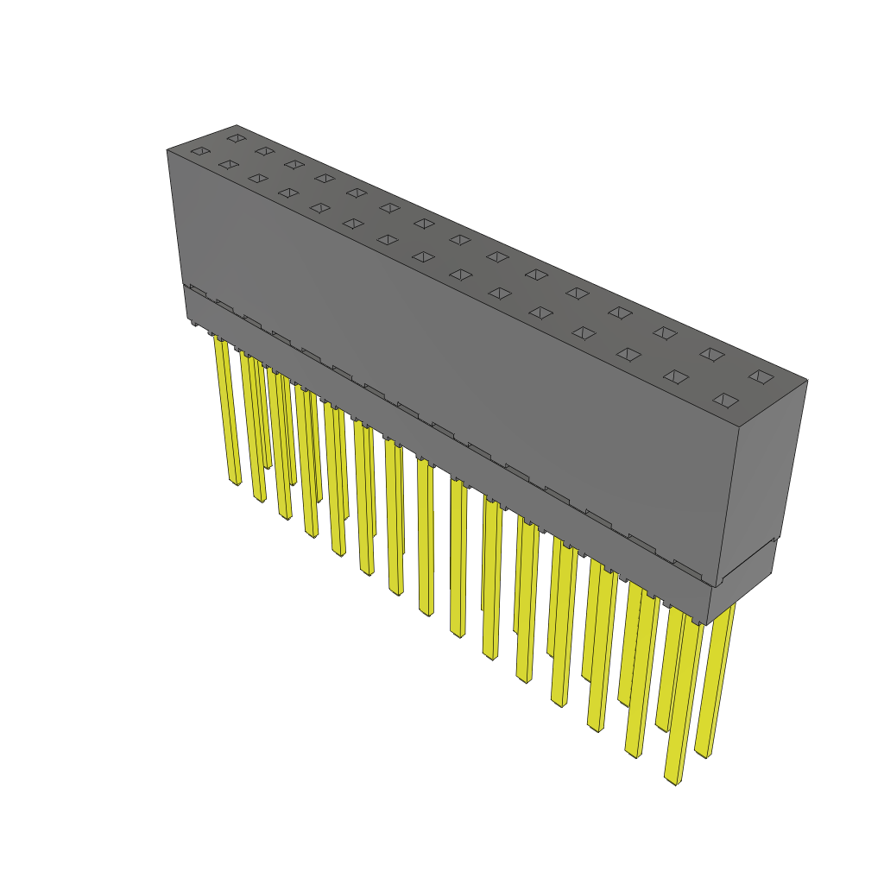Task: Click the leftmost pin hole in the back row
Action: click(x=235, y=137)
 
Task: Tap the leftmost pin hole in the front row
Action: click(x=200, y=152)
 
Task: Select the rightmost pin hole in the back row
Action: click(x=761, y=376)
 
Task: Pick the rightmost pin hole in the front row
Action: click(x=726, y=400)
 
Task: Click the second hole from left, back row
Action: click(x=264, y=151)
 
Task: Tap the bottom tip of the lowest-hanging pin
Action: click(x=672, y=780)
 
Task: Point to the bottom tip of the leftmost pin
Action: click(x=236, y=482)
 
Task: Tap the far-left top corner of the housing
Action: click(x=167, y=150)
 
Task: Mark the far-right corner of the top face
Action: click(x=806, y=380)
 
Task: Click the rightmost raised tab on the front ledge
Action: click(x=687, y=567)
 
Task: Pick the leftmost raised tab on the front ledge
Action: click(x=198, y=291)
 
